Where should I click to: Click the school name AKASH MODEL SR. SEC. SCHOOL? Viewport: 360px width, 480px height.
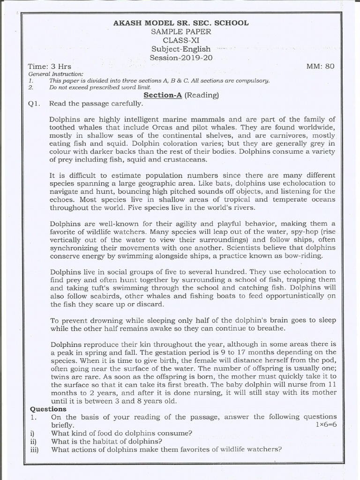point(181,23)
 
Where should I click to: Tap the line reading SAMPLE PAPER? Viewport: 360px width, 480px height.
point(181,32)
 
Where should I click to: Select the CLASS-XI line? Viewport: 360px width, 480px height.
point(181,40)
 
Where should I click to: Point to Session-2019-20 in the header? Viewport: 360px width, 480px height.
point(181,58)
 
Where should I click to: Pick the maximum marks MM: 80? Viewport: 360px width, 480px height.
point(321,67)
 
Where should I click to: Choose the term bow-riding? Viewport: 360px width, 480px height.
point(304,255)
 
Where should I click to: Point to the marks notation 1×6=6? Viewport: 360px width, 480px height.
point(326,425)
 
